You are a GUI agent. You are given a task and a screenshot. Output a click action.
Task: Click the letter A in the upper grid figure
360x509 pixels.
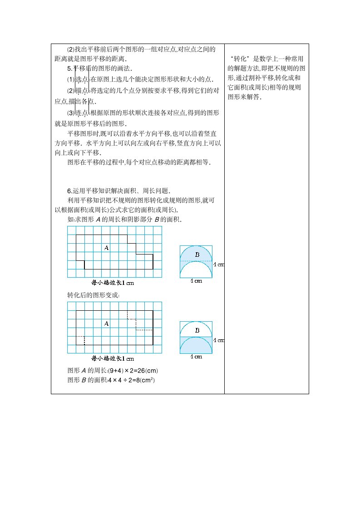point(107,248)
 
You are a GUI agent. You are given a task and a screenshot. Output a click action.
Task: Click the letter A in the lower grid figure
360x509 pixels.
point(107,323)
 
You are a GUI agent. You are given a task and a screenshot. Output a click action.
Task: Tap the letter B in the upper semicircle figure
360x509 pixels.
point(197,255)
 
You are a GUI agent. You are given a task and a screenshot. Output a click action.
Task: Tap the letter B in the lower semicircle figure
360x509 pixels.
point(197,330)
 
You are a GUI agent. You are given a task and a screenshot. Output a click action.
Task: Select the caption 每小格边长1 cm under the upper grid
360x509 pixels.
point(113,283)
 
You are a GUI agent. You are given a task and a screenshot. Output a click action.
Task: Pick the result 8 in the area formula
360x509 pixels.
point(135,380)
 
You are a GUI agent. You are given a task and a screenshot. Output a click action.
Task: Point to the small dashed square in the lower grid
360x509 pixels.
point(80,340)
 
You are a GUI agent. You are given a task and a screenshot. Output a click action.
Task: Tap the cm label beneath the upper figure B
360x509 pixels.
point(196,281)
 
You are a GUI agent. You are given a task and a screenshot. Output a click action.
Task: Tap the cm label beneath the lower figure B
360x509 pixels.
point(196,357)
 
